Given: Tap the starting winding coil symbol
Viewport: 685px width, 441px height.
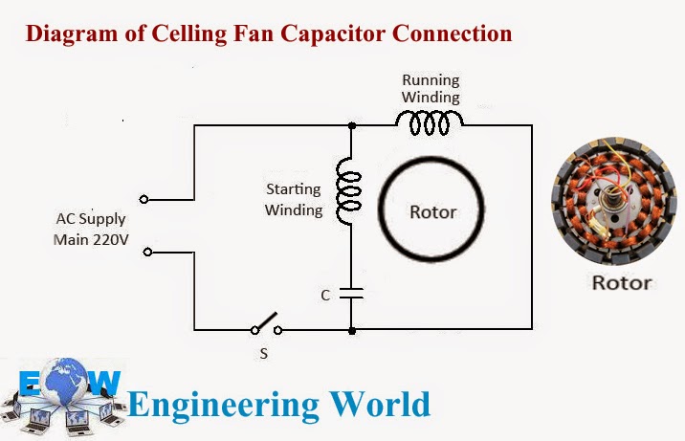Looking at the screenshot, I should coord(351,189).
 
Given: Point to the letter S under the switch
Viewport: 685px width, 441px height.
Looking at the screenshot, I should coord(265,351).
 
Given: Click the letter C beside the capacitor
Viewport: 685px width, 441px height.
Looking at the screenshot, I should coord(325,297).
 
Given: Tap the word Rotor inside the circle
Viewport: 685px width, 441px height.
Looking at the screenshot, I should coord(433,211).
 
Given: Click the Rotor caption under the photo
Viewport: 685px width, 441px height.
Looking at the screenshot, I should coord(621,282).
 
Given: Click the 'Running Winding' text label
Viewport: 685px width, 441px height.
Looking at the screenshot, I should coord(431,88).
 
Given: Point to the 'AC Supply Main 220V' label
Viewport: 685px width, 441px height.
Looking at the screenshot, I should coord(91,229).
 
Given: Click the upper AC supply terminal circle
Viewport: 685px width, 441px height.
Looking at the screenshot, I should coord(144,199).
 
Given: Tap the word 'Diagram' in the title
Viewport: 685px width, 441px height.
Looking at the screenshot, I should coord(63,34).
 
